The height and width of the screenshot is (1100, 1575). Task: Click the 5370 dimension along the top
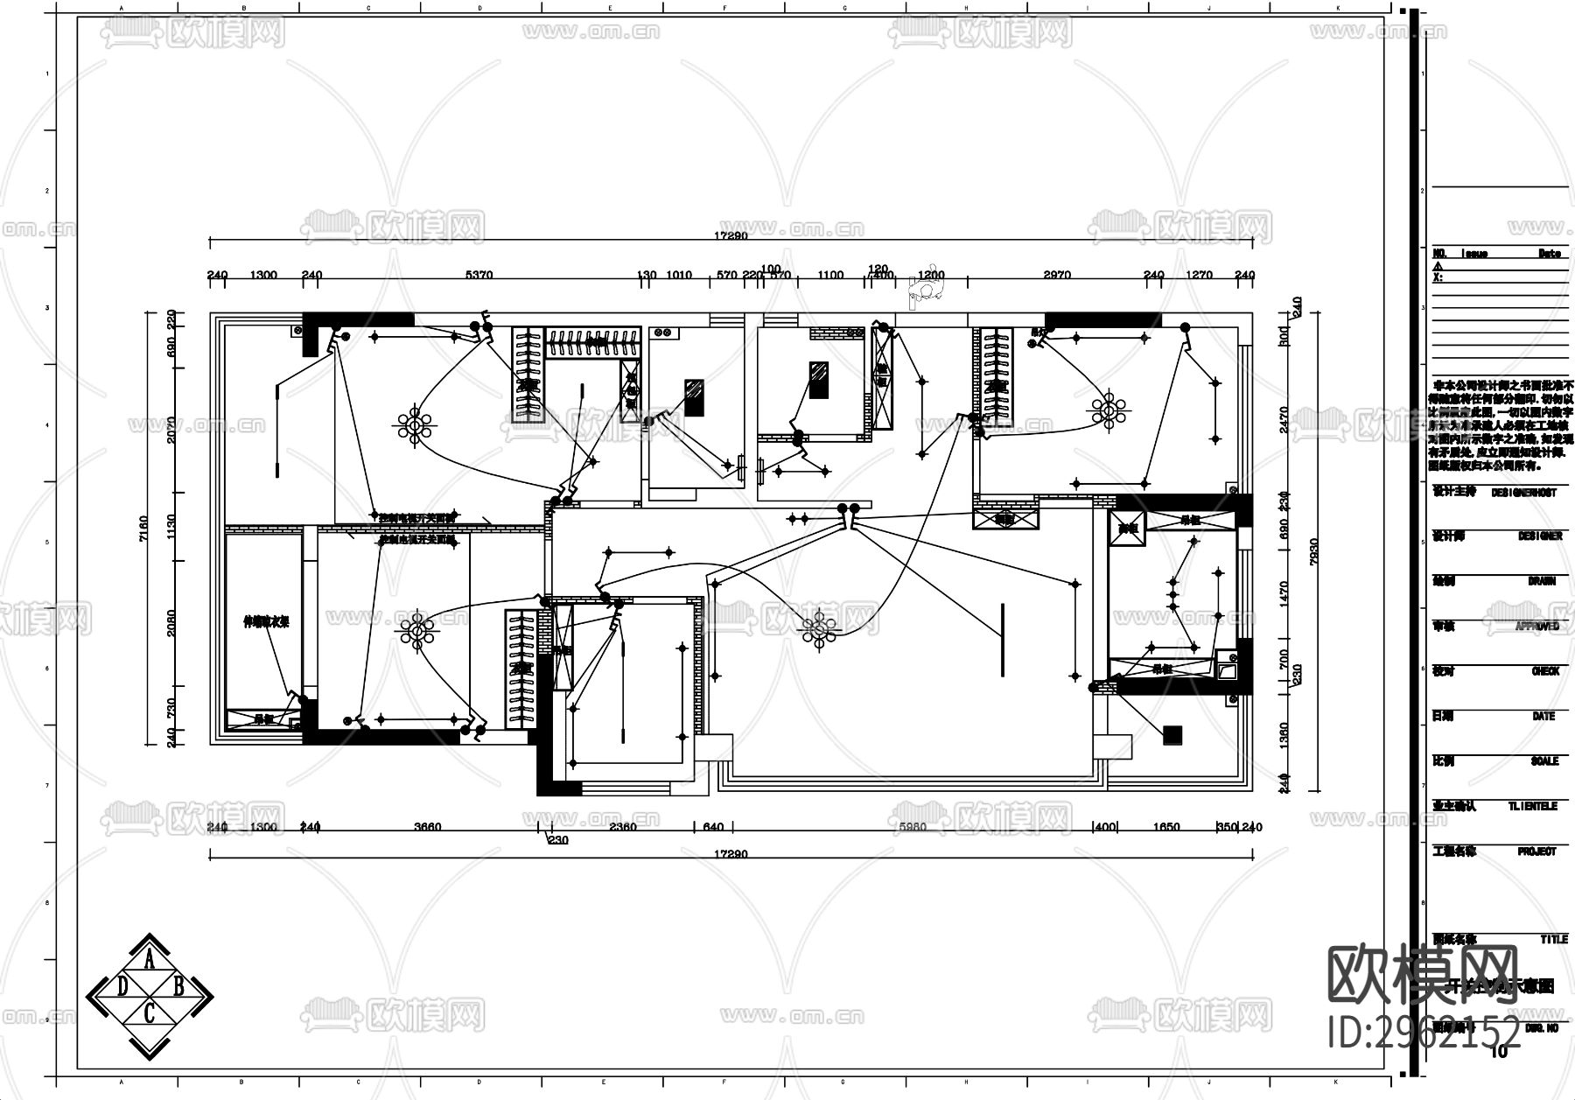coord(479,275)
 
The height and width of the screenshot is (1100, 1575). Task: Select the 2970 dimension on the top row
coord(1057,275)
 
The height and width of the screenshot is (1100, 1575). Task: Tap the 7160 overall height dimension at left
coord(144,528)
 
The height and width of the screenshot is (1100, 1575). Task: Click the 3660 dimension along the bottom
coord(428,827)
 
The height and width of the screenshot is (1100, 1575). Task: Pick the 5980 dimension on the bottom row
coord(913,827)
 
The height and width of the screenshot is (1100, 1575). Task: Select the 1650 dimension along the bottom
coord(1166,827)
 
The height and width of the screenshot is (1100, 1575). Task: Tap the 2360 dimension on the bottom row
coord(623,827)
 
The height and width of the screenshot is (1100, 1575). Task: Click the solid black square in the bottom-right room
coord(1172,735)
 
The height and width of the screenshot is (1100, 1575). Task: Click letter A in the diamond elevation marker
coord(150,961)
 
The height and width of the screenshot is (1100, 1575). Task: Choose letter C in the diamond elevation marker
coord(150,1013)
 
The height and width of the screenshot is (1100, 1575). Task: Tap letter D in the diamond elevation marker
coord(122,987)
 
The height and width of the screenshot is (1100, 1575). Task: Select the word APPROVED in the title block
coord(1537,627)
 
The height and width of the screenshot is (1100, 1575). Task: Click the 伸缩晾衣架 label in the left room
coord(266,622)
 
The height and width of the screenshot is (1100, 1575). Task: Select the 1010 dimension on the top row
coord(679,275)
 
